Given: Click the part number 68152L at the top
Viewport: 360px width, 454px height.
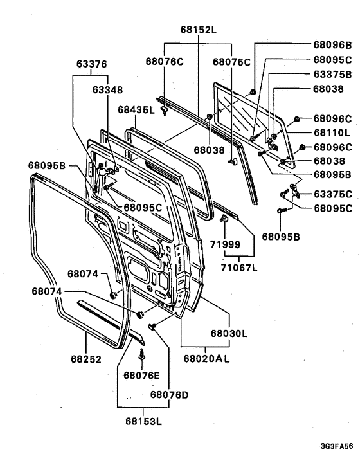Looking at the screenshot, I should point(199,30).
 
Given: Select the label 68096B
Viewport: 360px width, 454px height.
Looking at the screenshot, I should point(332,46).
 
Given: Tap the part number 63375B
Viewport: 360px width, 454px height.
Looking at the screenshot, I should point(332,75).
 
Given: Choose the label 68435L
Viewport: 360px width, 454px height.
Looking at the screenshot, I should point(136,110).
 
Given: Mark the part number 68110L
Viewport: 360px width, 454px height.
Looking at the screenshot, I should point(332,132).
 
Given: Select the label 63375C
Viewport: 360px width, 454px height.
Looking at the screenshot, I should point(332,194).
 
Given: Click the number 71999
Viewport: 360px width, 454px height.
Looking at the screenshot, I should point(224,245).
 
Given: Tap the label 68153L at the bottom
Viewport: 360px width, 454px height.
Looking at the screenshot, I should point(143,422).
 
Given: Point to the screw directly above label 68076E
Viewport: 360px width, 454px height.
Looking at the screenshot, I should point(143,352).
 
